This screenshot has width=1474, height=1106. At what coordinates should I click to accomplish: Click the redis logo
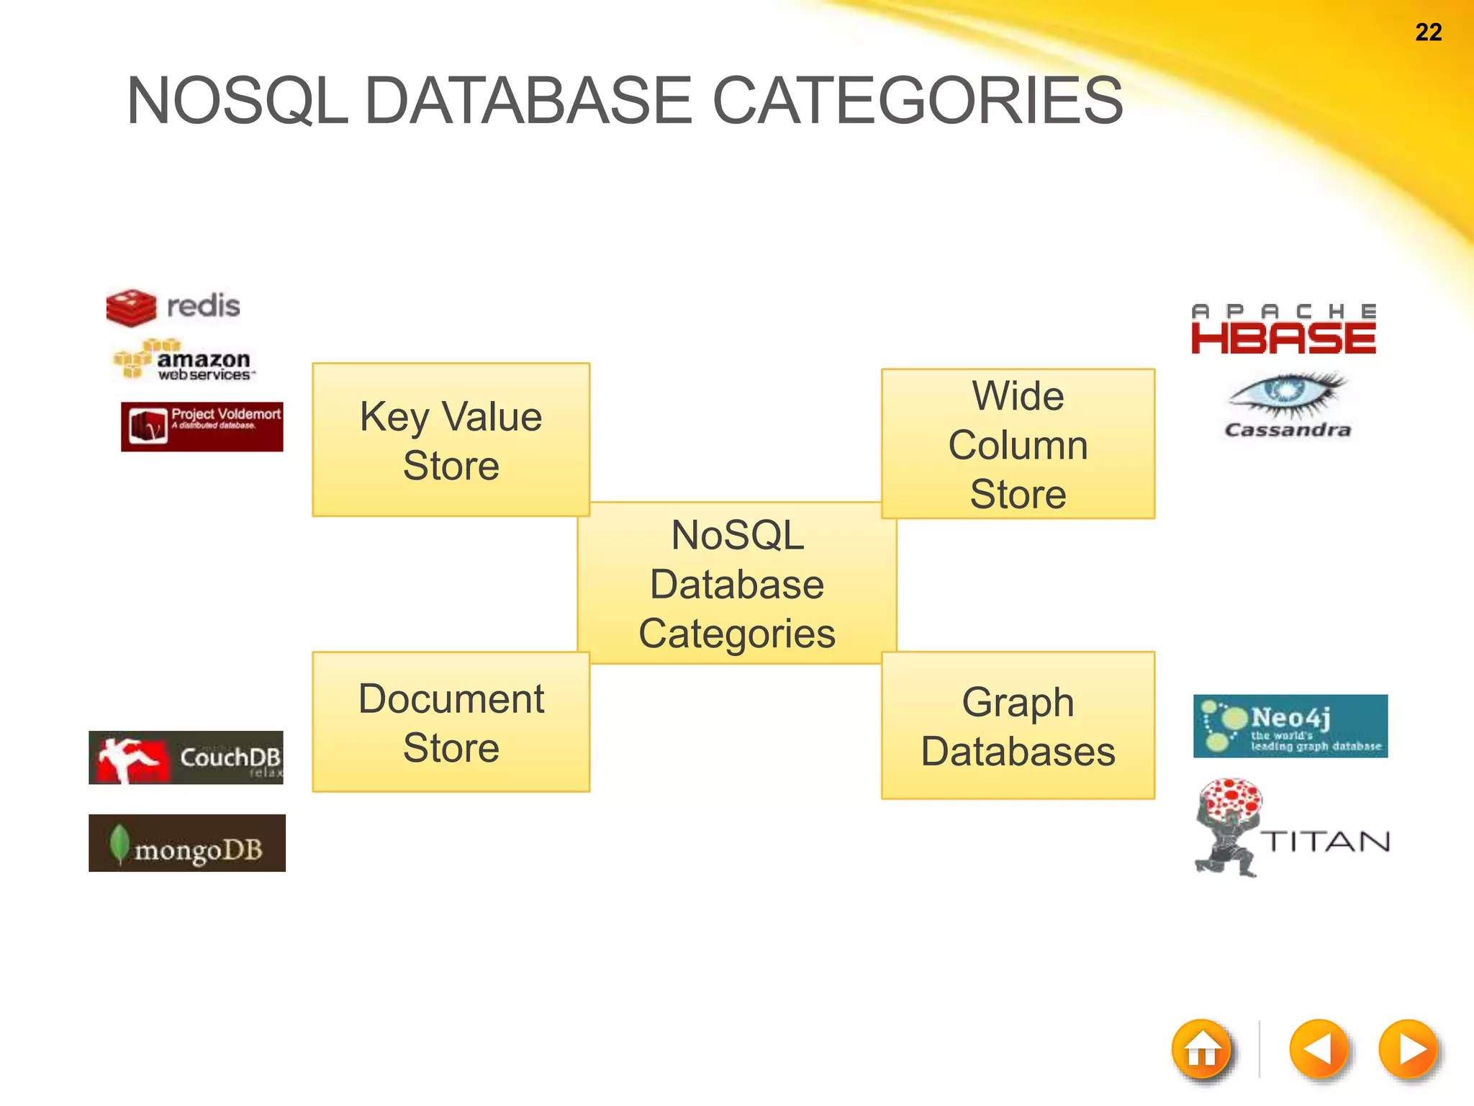(173, 307)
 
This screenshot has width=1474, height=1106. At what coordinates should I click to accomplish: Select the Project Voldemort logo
(202, 426)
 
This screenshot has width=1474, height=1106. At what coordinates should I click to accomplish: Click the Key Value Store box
(451, 440)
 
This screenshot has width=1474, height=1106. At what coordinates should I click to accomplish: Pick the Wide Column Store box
(1018, 444)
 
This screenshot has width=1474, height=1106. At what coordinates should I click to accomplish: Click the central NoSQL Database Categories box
(737, 583)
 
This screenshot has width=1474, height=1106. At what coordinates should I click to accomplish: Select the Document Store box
(451, 722)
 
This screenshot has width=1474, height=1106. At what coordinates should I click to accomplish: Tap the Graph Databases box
(1018, 726)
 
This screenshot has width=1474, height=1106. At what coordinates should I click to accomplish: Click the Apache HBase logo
(1283, 330)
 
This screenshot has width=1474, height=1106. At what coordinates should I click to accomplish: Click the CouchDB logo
(186, 757)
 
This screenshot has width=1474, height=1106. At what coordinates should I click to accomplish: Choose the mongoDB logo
(187, 843)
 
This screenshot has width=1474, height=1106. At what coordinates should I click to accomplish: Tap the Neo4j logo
(1290, 726)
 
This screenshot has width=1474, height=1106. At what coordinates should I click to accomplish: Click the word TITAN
(1326, 841)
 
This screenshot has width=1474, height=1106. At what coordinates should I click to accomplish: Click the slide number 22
(1428, 32)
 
